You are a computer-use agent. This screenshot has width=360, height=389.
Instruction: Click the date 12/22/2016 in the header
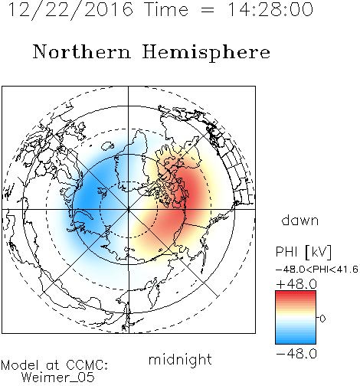coord(70,10)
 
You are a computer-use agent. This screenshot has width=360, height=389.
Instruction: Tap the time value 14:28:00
coord(270,9)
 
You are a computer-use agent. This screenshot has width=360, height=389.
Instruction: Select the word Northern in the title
coord(82,51)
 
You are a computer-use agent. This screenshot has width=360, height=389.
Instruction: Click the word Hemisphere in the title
coord(206,53)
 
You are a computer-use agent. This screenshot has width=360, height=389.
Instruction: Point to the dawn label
coord(300,220)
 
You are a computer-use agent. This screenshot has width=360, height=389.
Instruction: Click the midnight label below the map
coord(180,360)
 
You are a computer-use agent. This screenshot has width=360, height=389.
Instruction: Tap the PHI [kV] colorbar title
coord(303,252)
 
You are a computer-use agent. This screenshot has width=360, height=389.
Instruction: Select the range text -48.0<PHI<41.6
coord(317,270)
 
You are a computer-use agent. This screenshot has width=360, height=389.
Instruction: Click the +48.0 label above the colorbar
coord(296,284)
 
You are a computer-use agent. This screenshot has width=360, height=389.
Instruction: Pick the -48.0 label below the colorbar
coord(296,354)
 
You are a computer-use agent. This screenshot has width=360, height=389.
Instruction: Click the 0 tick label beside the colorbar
coord(322,319)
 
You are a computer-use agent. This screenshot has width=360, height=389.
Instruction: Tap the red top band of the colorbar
coord(296,293)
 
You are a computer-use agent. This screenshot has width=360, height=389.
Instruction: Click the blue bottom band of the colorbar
coord(296,341)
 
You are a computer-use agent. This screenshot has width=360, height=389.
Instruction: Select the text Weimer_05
coord(57,378)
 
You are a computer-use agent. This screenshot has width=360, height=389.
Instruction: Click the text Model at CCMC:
coord(54,365)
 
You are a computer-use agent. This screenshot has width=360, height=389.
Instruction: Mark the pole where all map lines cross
coord(129,209)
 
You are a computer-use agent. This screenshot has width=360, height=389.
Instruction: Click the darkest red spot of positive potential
coord(193,194)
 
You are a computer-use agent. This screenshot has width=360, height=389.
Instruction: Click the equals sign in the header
coord(207,10)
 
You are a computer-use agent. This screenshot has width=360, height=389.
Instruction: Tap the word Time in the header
coord(166,9)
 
